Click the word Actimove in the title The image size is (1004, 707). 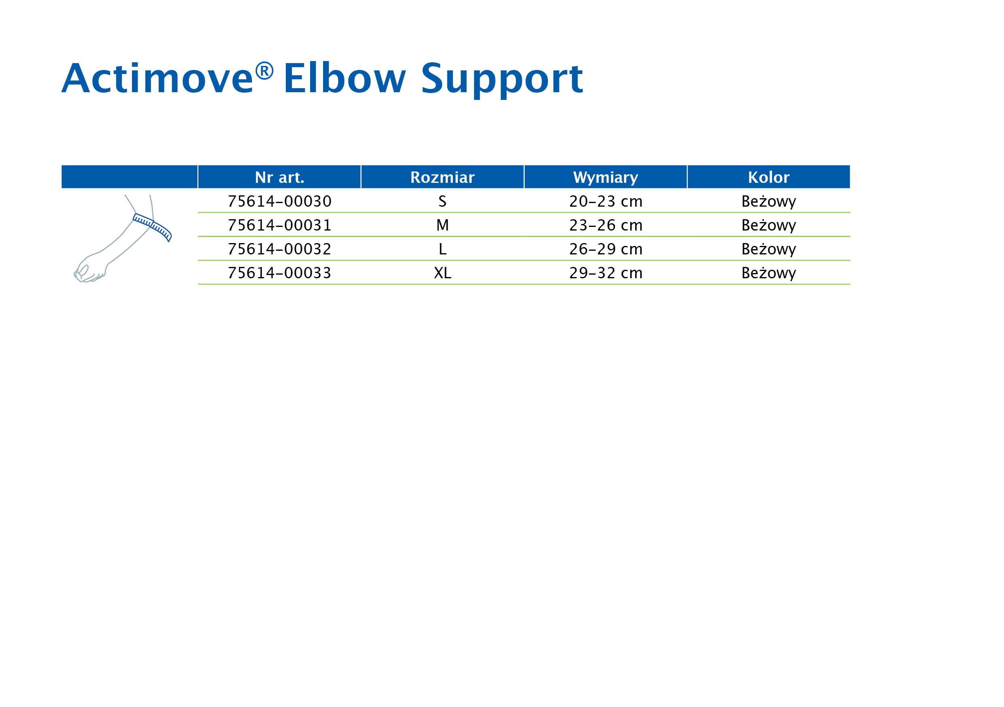157,78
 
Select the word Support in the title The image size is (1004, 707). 502,81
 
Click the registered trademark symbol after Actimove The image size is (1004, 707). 264,71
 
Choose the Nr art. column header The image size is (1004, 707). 279,178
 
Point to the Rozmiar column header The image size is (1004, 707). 442,178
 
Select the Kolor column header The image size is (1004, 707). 769,178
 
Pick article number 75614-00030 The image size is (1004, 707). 279,201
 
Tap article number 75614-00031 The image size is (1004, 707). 279,225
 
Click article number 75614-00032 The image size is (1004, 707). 279,249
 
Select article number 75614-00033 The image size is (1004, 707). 279,273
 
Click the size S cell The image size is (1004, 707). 442,201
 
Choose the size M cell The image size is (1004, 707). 442,225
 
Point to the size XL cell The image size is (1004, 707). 442,273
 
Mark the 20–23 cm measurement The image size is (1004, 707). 606,201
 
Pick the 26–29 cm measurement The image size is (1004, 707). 606,249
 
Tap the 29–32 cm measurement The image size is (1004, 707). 606,273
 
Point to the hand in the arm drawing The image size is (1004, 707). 89,269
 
